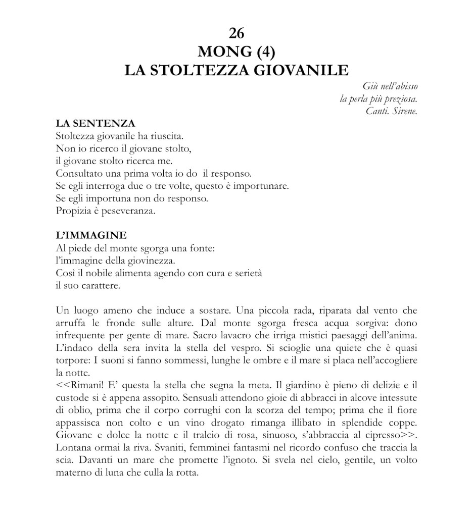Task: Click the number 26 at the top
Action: tap(236, 33)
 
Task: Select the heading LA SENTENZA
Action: tap(95, 123)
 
